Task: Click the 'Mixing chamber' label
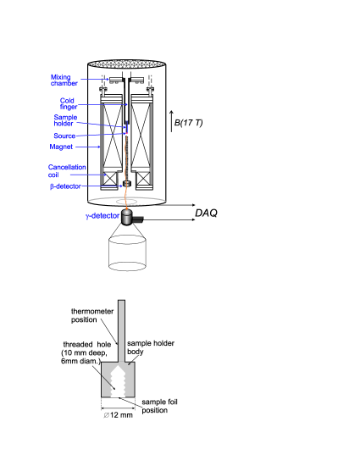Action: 64,80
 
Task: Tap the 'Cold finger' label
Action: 69,103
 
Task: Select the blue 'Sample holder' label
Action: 65,120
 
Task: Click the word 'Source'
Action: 64,136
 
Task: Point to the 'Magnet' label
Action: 61,147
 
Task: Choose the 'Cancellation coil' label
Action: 67,171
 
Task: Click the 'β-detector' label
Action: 65,186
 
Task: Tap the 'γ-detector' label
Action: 102,216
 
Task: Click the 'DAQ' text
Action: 206,213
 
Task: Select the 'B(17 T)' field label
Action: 188,123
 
